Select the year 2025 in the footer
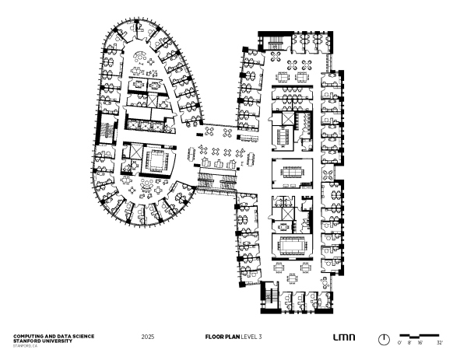[x=148, y=337]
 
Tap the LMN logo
[x=343, y=337]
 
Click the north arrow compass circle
[x=384, y=339]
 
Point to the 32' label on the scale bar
[x=439, y=342]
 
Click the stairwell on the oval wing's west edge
[x=104, y=137]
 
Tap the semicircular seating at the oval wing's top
[x=139, y=56]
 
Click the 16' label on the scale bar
[x=420, y=342]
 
